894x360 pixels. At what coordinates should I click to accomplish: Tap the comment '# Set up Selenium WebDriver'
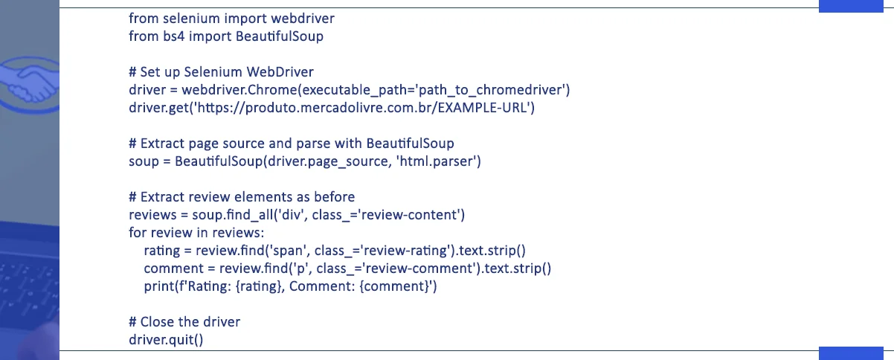click(x=221, y=72)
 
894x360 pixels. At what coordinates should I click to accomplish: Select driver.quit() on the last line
click(x=166, y=340)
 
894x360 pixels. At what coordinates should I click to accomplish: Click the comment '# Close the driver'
click(x=184, y=322)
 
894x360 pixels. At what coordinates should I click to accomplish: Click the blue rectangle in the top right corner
click(x=855, y=6)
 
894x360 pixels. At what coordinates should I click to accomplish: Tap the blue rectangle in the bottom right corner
click(x=855, y=353)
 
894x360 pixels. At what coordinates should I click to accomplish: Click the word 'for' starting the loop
click(x=137, y=233)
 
